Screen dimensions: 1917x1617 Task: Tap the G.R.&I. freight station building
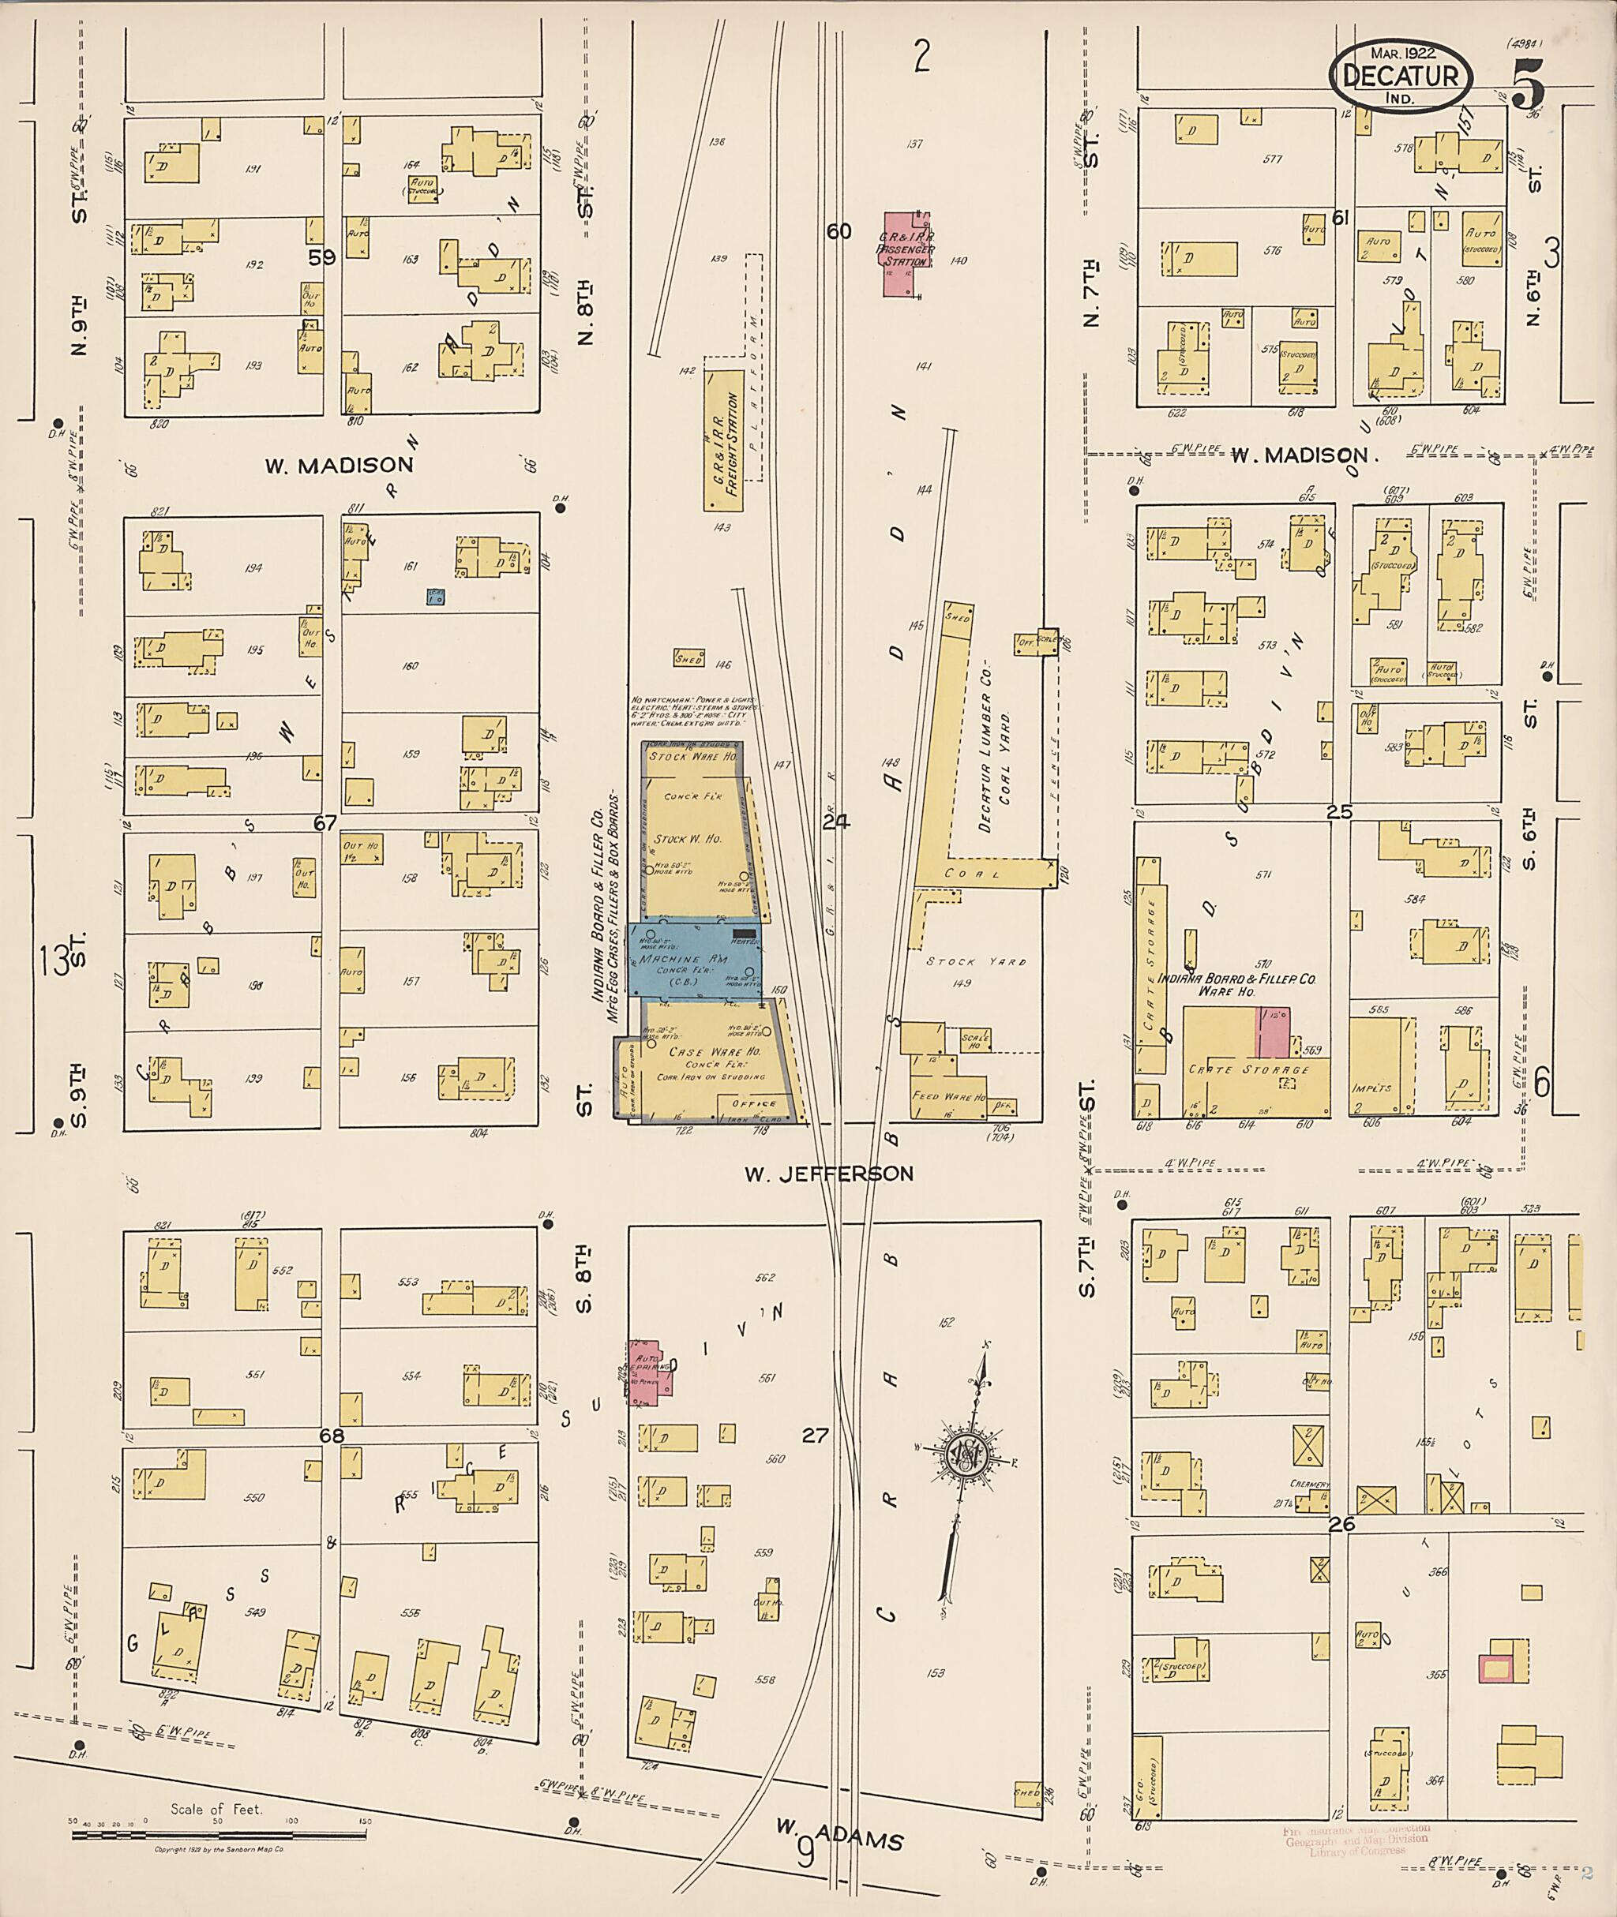click(724, 440)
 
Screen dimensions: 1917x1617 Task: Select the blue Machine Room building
click(694, 960)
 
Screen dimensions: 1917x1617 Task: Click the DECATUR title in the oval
click(1399, 75)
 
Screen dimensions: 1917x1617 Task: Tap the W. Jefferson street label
click(827, 1174)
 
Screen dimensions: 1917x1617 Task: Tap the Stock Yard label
click(975, 962)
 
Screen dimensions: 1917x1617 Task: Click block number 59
click(322, 258)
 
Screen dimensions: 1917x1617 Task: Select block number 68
click(331, 1435)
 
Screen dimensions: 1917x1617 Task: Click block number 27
click(815, 1436)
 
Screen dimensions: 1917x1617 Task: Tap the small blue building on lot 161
click(435, 597)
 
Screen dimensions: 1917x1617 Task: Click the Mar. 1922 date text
click(1402, 53)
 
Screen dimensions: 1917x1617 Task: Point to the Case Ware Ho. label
click(702, 1052)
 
